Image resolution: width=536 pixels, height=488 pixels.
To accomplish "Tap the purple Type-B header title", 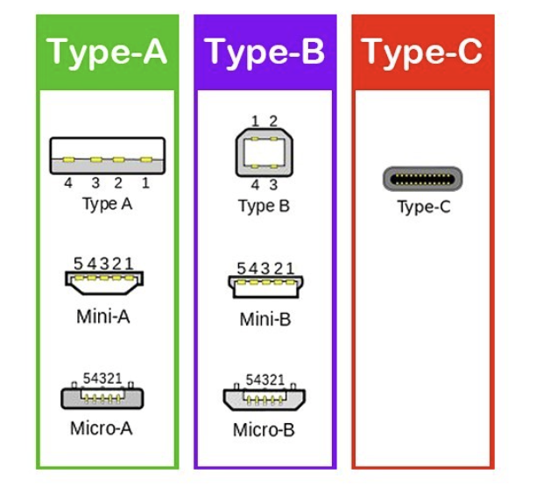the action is (264, 53).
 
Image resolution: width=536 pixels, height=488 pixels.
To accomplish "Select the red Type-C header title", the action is (422, 53).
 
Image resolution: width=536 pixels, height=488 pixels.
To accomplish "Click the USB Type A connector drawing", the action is (108, 156).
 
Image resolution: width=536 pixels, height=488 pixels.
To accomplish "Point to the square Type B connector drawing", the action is (264, 152).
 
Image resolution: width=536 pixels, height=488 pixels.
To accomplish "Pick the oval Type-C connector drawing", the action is (422, 179).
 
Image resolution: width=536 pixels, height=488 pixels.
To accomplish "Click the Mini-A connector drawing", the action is (104, 282).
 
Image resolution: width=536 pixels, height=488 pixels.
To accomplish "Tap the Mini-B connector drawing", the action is (265, 286).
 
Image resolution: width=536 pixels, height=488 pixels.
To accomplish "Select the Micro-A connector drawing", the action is (102, 396).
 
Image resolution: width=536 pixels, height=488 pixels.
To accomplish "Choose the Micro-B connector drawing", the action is (264, 397).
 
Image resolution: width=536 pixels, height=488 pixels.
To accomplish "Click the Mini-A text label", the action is (103, 316).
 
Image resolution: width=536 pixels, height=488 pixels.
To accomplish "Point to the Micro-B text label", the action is (264, 430).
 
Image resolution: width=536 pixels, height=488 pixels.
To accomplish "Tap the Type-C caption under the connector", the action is (424, 208).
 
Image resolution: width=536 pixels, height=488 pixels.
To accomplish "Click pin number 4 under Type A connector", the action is (68, 183).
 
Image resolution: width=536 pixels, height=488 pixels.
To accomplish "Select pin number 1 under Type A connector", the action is (145, 183).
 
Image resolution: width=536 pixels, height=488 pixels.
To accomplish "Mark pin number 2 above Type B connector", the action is (273, 121).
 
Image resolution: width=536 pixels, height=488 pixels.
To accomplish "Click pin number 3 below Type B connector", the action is (273, 185).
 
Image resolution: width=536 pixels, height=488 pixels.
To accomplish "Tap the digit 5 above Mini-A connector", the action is (78, 264).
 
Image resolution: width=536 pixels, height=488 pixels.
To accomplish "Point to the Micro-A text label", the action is (102, 428).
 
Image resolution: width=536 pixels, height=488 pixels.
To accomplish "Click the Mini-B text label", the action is (265, 320).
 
